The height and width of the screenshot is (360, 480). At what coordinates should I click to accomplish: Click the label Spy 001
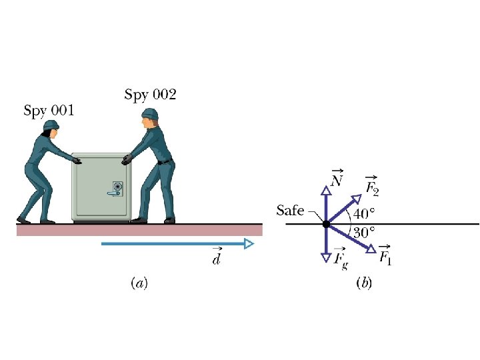pos(49,110)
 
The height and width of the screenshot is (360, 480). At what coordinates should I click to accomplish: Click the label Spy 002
pos(150,95)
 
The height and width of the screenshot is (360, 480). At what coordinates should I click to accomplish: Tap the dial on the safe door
pos(118,186)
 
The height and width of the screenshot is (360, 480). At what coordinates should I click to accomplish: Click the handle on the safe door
pos(113,194)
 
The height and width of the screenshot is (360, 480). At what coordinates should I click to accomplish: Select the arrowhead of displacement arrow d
pos(249,244)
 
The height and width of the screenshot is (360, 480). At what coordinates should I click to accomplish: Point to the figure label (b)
pos(365,283)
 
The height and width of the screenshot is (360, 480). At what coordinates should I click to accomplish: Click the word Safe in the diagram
pos(290,211)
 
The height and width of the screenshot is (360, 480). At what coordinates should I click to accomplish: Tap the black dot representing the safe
pos(325,224)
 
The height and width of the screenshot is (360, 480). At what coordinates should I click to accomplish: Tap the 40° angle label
pos(364,214)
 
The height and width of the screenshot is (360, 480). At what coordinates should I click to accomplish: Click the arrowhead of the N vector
pos(325,191)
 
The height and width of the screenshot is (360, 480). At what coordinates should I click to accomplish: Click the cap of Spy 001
pos(51,125)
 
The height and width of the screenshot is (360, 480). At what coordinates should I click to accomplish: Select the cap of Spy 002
pos(150,113)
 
